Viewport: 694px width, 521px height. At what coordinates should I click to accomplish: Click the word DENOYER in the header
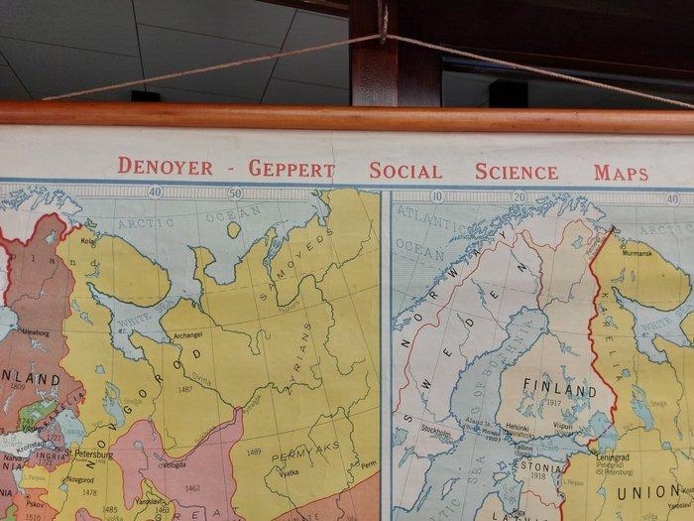165,167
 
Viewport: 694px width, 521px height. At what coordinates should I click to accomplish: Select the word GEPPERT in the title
290,169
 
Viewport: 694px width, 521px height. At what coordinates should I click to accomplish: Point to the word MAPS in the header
621,173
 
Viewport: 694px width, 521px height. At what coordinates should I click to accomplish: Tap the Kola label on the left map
88,240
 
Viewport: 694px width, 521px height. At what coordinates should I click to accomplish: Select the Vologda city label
173,463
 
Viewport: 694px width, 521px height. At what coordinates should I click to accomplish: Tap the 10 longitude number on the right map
437,196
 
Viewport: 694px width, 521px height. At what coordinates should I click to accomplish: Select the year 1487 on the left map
184,390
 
